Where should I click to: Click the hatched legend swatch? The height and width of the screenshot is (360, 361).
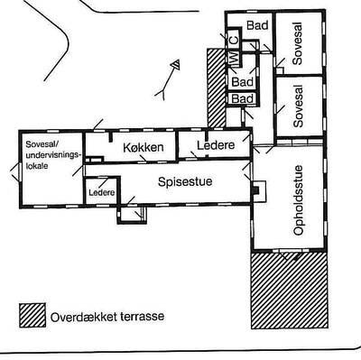tap(33, 317)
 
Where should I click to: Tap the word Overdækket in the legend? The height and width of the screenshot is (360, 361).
tap(88, 318)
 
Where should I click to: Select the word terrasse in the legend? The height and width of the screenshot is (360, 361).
tap(147, 318)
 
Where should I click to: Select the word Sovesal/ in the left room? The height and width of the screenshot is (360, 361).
tap(40, 144)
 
